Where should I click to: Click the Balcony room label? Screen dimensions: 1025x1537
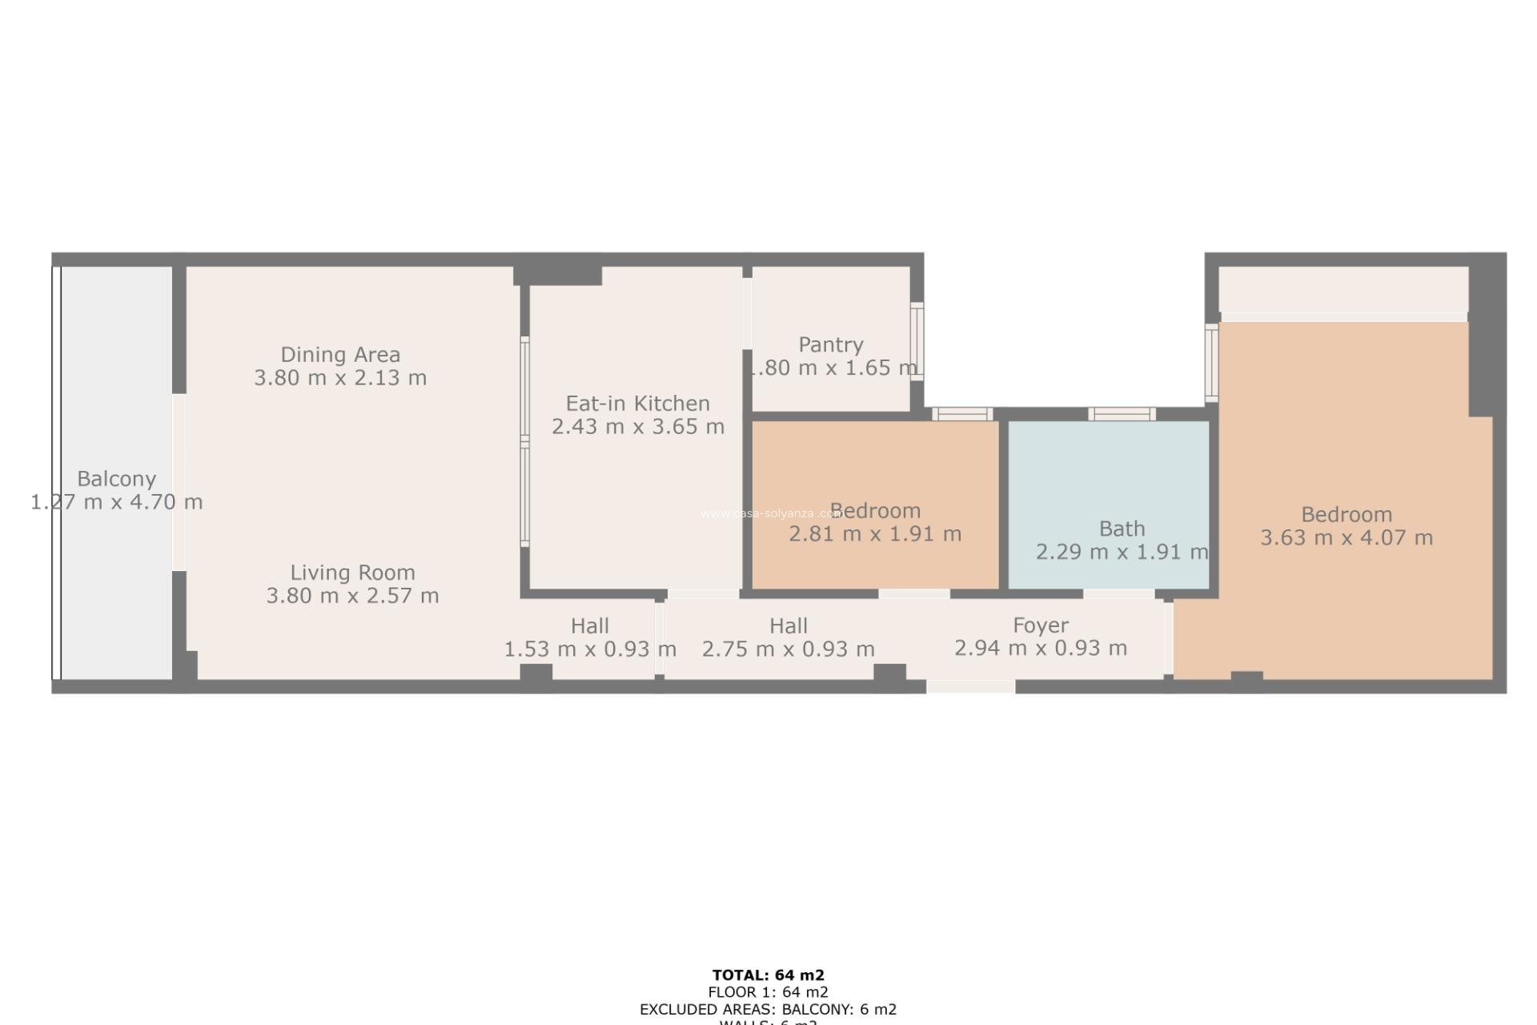(116, 479)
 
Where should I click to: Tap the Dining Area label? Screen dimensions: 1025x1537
(340, 354)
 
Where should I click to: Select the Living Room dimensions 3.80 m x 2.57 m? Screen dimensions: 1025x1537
(352, 596)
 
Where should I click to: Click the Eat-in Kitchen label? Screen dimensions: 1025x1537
(638, 403)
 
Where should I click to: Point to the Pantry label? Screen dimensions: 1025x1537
(831, 344)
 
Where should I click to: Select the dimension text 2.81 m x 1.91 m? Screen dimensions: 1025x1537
(875, 534)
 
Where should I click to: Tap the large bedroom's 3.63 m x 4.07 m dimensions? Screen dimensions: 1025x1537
(1346, 538)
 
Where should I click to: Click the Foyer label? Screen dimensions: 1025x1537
(1041, 625)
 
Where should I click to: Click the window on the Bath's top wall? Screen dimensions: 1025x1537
(1122, 414)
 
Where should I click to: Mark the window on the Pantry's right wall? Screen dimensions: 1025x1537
(917, 341)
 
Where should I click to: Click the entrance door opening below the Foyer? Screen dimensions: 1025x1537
(971, 687)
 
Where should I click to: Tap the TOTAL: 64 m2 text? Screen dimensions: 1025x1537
(768, 975)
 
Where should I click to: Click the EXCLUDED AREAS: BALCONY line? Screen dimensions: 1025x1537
(768, 1009)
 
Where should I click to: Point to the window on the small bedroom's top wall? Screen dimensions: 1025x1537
(962, 414)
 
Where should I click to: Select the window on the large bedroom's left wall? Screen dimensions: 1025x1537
(1212, 362)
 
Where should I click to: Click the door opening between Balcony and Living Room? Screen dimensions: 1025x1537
(179, 482)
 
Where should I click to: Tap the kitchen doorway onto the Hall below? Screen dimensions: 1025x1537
(703, 595)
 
